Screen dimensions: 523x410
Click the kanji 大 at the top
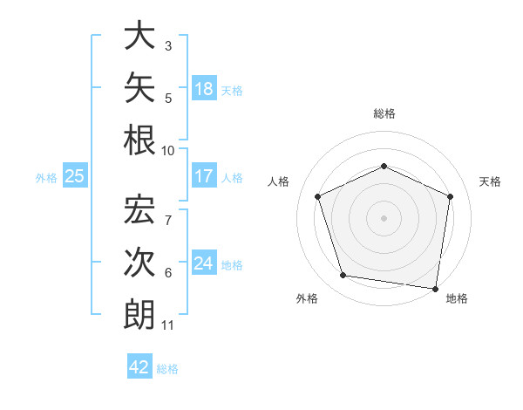coord(139,35)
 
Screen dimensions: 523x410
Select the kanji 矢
coord(139,87)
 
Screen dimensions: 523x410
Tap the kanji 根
coord(139,140)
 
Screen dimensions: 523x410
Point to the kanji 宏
coord(139,209)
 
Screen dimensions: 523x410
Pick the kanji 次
coord(139,262)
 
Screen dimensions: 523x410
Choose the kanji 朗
coord(139,315)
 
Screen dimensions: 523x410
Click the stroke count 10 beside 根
coord(167,151)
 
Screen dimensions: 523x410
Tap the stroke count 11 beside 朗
coord(167,325)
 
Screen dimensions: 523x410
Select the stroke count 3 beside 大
coord(168,46)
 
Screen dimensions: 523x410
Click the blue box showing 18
coord(204,88)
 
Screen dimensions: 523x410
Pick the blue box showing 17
coord(204,175)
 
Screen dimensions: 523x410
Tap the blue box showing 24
coord(204,262)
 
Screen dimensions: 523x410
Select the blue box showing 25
coord(75,175)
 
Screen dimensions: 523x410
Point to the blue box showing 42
coord(139,366)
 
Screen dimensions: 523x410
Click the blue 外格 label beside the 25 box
coord(46,178)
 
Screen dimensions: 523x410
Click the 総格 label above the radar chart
coord(384,113)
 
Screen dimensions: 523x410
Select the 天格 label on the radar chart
coord(490,181)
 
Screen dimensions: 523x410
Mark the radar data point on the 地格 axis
coord(435,289)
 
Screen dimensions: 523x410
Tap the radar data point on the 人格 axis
coord(317,196)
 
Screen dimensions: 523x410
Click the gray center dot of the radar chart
coord(384,218)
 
